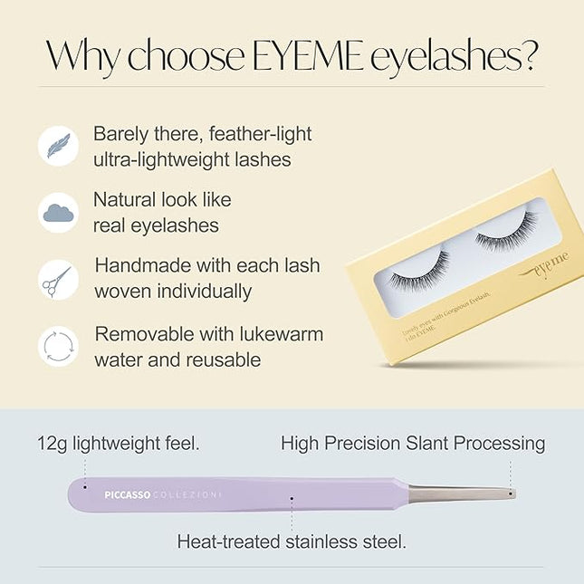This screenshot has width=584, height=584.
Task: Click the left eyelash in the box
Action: coord(420,269)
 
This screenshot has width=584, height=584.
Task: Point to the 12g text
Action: coord(54,444)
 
